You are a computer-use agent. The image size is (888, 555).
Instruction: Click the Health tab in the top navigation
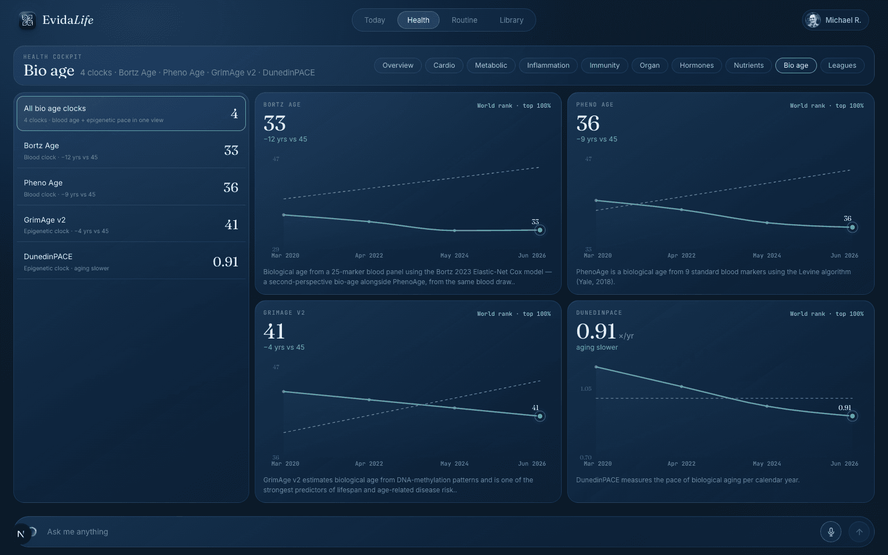418,20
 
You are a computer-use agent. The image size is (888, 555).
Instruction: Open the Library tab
511,20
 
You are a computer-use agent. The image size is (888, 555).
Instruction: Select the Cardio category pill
444,65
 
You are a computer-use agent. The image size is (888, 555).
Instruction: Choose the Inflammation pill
548,65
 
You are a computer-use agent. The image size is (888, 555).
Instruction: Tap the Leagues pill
842,65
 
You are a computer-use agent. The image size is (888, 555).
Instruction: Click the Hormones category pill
697,65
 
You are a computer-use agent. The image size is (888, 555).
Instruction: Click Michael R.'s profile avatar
813,20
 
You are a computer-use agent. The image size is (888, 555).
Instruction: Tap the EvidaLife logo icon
27,20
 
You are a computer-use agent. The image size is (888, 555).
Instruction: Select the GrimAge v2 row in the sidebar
131,224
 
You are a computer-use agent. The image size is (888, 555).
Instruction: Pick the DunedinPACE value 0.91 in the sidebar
225,261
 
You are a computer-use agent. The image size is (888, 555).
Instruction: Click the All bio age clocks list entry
131,113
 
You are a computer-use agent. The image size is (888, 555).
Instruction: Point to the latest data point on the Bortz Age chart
539,230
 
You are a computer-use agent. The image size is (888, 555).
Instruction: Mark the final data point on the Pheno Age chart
852,227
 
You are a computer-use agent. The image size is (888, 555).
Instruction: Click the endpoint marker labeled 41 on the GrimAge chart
539,416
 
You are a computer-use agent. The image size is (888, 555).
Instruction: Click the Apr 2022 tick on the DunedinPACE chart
681,463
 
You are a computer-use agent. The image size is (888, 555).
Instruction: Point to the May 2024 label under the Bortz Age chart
455,256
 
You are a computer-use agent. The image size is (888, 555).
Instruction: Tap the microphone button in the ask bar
830,532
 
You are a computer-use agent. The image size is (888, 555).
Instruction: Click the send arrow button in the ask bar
859,532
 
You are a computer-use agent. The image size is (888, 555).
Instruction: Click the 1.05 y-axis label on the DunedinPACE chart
586,389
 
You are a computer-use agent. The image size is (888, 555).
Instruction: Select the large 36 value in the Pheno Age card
588,123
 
